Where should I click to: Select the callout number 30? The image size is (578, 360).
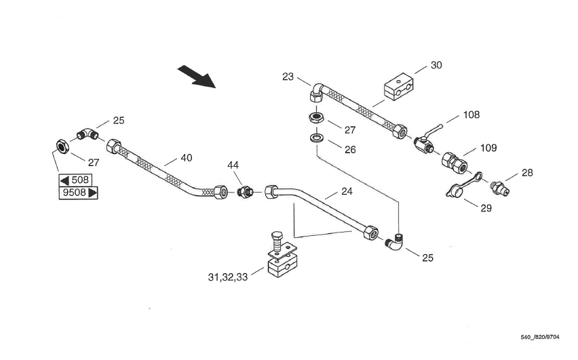436,65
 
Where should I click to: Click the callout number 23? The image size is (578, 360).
288,77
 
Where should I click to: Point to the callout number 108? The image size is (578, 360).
471,115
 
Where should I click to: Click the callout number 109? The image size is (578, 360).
488,148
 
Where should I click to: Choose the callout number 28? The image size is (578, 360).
527,173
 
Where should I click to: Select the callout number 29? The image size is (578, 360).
486,208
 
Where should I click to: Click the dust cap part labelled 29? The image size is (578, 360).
456,191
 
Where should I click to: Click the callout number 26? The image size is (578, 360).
350,150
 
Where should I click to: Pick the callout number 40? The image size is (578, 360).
186,158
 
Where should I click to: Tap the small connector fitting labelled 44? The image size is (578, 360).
245,193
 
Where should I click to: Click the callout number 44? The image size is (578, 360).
233,165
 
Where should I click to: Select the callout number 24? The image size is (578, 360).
347,192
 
